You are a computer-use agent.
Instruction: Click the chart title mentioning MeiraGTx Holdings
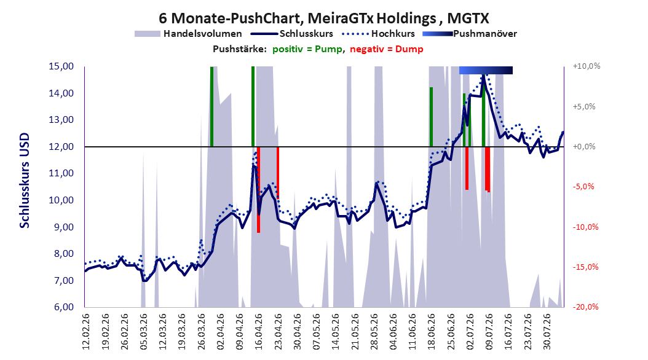(324, 18)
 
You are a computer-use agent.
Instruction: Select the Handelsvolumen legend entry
(189, 34)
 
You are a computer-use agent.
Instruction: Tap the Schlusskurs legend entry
(292, 34)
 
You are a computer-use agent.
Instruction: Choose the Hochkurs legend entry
(379, 34)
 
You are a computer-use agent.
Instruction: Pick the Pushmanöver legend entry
(470, 34)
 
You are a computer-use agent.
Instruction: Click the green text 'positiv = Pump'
(307, 49)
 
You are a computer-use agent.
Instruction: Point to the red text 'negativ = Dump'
(387, 49)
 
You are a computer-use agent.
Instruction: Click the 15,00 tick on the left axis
(61, 66)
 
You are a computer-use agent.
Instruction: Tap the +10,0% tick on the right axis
(587, 66)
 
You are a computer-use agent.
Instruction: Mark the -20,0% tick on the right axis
(585, 307)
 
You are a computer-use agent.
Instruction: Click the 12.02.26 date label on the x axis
(86, 332)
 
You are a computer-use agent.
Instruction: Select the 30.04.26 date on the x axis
(297, 332)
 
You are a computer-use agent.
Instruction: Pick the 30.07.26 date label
(547, 332)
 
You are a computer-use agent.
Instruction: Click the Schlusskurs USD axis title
(25, 181)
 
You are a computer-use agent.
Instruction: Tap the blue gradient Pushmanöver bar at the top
(486, 71)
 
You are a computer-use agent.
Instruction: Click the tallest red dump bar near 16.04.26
(258, 189)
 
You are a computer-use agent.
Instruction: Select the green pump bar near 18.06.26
(431, 117)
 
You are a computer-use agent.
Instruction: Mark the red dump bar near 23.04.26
(278, 172)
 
